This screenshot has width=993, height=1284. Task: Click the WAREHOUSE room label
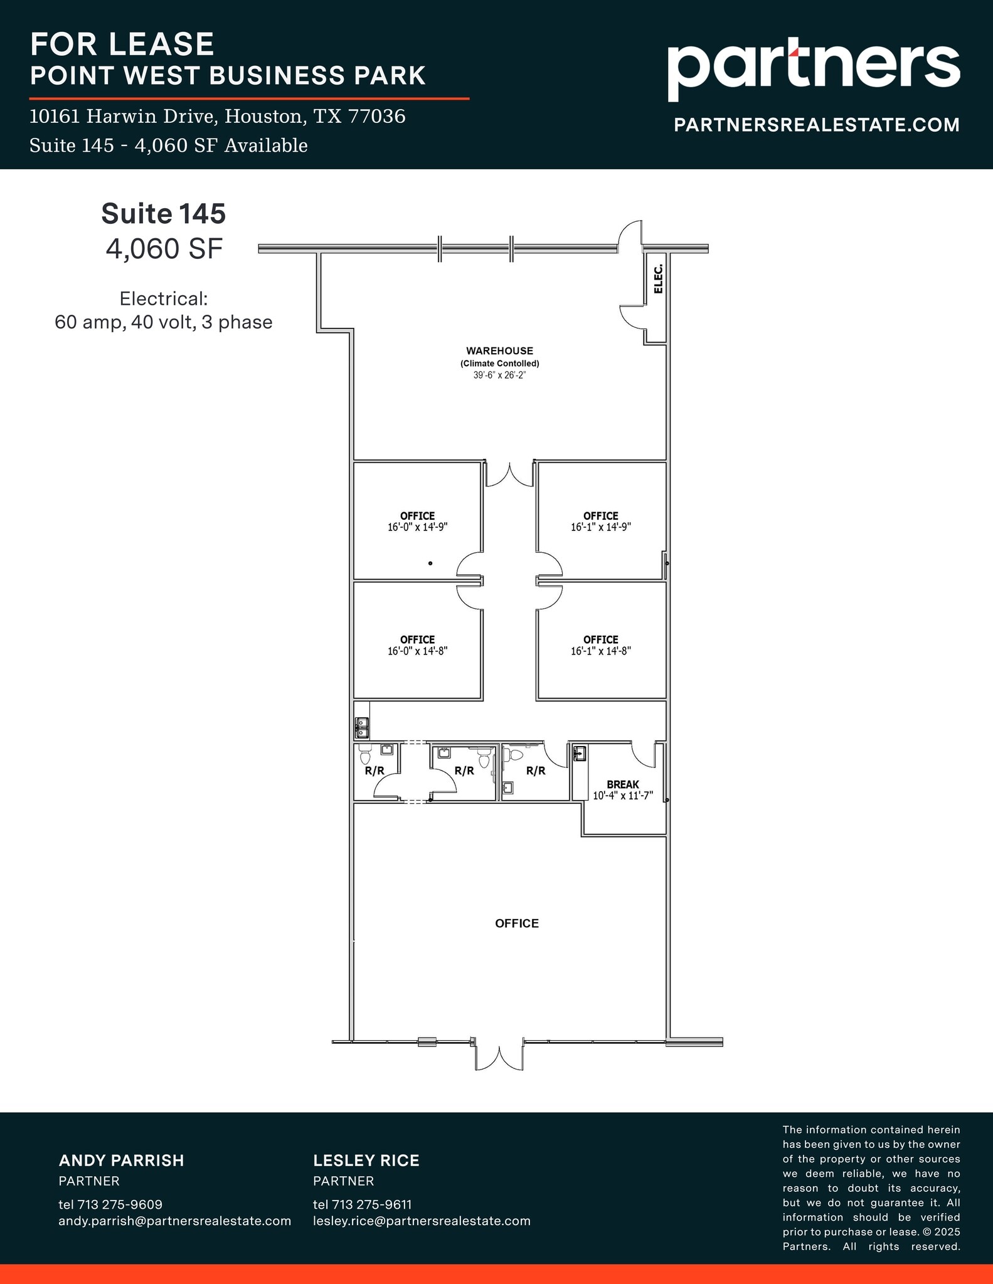(x=499, y=351)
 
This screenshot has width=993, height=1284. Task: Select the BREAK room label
(x=622, y=784)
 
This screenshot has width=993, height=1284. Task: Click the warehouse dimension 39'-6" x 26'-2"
(x=499, y=376)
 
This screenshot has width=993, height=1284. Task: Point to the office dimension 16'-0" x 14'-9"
(x=417, y=527)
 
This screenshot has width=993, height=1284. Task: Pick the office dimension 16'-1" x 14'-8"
(x=600, y=651)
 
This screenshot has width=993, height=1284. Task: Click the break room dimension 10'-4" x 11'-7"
(x=622, y=796)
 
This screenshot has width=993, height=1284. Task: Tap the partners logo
(x=813, y=69)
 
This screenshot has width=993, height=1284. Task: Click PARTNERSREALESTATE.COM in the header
(x=816, y=125)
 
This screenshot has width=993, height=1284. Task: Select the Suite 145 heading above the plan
(x=163, y=214)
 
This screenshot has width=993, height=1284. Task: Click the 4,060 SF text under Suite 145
(x=164, y=249)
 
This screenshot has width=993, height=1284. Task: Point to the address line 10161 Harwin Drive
(x=217, y=116)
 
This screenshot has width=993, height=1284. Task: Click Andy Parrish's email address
(x=174, y=1221)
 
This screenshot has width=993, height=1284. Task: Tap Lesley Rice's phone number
(x=362, y=1204)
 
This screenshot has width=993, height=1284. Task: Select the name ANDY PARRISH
(x=121, y=1160)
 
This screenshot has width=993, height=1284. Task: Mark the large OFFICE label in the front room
(x=516, y=923)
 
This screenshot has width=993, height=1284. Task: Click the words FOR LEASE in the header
(x=122, y=44)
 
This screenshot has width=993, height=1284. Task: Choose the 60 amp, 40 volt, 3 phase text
(x=163, y=322)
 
